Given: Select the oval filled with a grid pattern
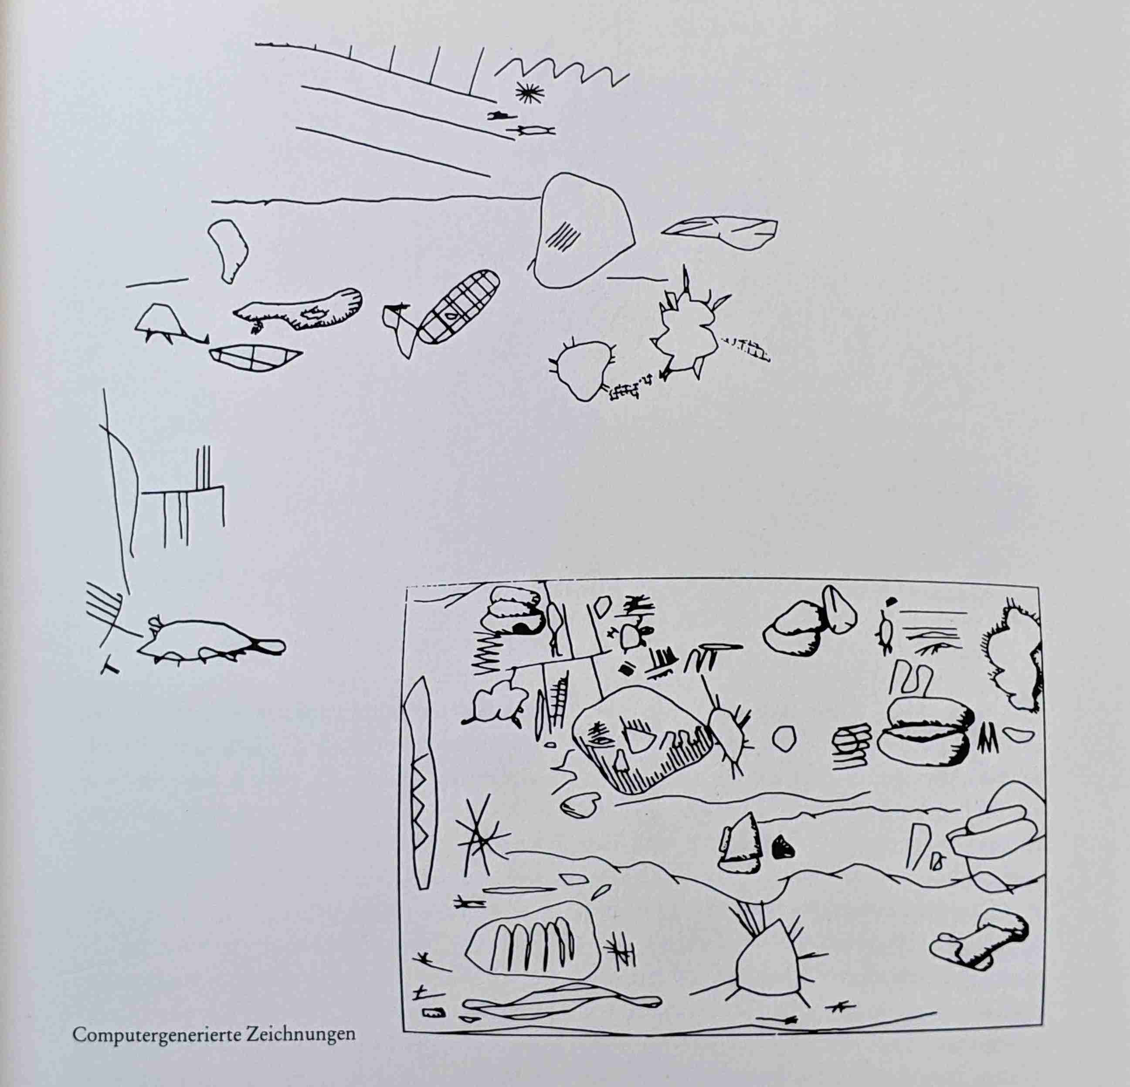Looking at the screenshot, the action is coord(457,307).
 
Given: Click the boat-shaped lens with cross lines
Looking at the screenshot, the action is coord(255,358).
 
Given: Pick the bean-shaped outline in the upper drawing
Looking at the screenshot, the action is coord(228,250).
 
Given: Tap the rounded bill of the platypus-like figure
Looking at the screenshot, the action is coord(270,646).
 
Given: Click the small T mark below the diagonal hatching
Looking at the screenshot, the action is coord(110,667).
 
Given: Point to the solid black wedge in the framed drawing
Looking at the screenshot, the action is coord(782,847).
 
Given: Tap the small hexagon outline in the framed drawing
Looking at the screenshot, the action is coord(784,739).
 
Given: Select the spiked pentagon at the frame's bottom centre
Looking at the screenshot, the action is coord(767,961).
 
